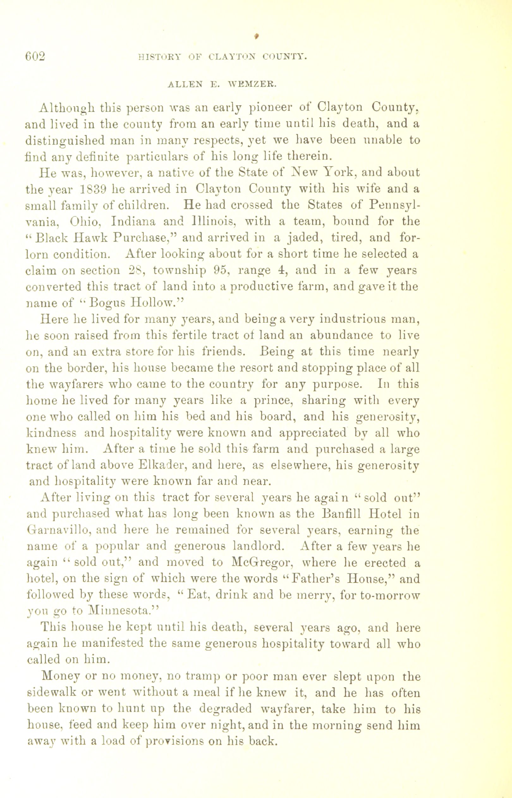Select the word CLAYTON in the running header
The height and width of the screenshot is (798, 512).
coord(232,57)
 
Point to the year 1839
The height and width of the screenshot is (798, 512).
coord(94,189)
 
